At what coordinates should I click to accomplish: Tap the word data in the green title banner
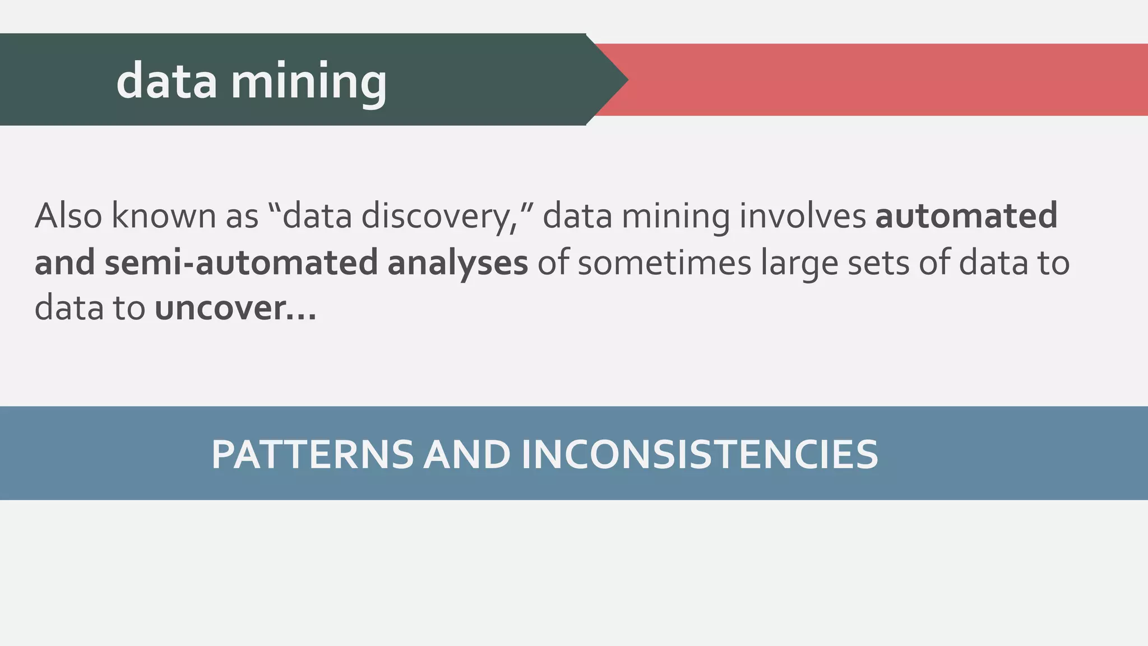pyautogui.click(x=166, y=82)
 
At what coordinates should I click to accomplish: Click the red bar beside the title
pyautogui.click(x=886, y=80)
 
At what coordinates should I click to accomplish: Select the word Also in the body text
pyautogui.click(x=68, y=216)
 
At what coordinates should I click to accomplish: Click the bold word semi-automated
pyautogui.click(x=241, y=263)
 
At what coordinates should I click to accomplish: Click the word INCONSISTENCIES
pyautogui.click(x=700, y=454)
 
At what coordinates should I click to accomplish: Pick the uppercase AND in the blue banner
pyautogui.click(x=467, y=454)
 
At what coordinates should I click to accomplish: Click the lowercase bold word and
pyautogui.click(x=66, y=263)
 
